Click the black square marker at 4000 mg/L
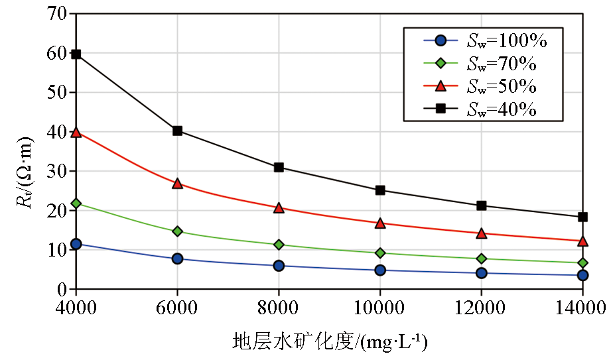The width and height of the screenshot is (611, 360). tap(76, 54)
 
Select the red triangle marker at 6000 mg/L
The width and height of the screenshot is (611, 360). tap(177, 183)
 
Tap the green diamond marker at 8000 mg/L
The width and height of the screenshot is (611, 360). tap(279, 245)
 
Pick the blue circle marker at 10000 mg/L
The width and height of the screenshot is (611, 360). tap(380, 270)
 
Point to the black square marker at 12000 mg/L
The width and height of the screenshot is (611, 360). tap(482, 206)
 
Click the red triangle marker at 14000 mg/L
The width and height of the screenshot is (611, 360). tap(582, 241)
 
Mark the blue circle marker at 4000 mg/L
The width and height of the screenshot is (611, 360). tap(76, 244)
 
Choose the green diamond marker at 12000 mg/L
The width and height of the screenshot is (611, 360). tap(482, 259)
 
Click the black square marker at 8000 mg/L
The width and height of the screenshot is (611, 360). tap(279, 167)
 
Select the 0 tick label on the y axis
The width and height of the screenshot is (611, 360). tap(62, 290)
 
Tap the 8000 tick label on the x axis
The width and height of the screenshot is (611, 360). tap(279, 308)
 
